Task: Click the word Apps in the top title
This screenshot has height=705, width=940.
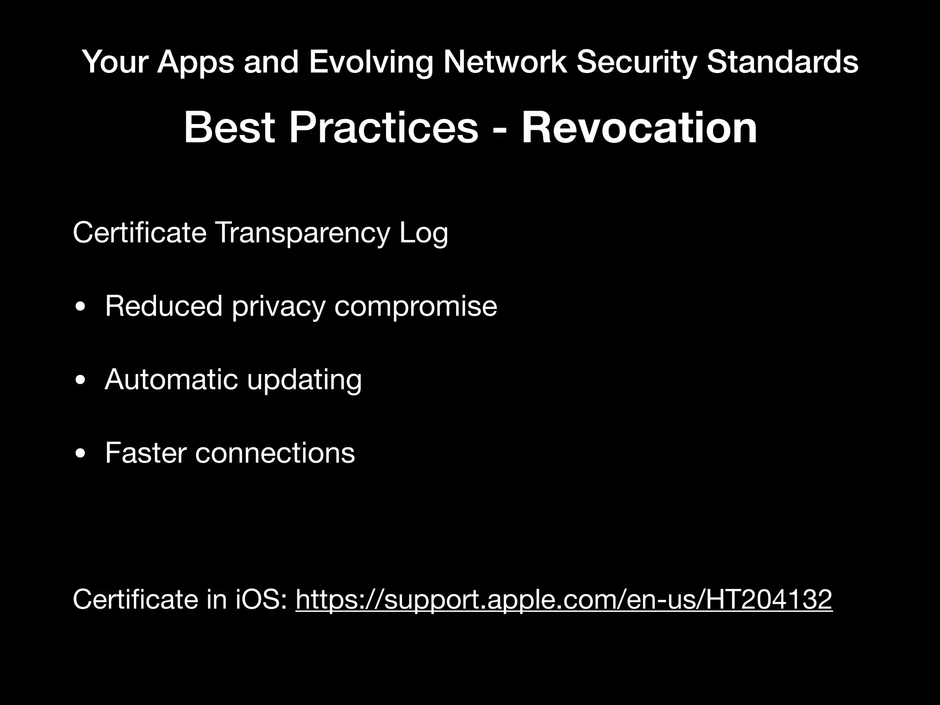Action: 196,62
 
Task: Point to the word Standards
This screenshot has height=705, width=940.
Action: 782,62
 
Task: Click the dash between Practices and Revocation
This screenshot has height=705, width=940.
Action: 499,129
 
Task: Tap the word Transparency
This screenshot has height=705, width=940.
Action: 302,233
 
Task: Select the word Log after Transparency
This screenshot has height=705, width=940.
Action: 423,233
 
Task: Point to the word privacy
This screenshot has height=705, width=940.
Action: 278,307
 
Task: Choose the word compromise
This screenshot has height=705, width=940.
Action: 415,307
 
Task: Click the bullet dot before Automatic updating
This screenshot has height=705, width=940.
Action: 81,381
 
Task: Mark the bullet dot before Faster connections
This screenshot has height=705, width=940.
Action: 81,454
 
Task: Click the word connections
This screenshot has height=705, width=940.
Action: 275,453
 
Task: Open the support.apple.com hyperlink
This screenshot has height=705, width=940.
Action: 564,599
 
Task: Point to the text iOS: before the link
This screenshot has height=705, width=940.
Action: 261,599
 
